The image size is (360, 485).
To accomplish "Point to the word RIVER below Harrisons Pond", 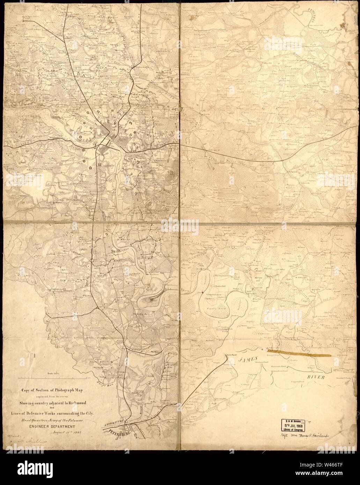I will [x=316, y=378].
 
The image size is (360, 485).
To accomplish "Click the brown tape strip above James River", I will [x=299, y=352].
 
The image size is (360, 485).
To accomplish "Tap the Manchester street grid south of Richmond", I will [x=104, y=151].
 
